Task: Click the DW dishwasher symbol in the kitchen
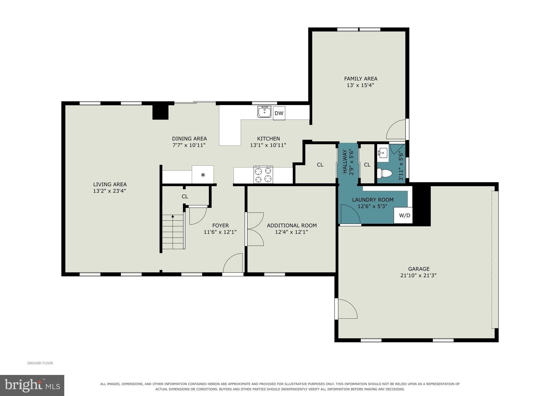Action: pyautogui.click(x=279, y=113)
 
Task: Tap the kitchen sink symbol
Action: pyautogui.click(x=264, y=112)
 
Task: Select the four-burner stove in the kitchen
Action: pyautogui.click(x=263, y=174)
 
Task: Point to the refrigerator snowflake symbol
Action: pyautogui.click(x=203, y=175)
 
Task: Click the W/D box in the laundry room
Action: pyautogui.click(x=403, y=215)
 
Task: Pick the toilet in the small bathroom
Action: pyautogui.click(x=384, y=173)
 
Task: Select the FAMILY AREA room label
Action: pyautogui.click(x=361, y=79)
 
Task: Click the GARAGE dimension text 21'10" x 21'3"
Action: pyautogui.click(x=418, y=275)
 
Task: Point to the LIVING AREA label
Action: pyautogui.click(x=110, y=184)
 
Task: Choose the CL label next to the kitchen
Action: pyautogui.click(x=320, y=165)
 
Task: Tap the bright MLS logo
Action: pyautogui.click(x=32, y=385)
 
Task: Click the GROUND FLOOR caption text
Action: pyautogui.click(x=40, y=363)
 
